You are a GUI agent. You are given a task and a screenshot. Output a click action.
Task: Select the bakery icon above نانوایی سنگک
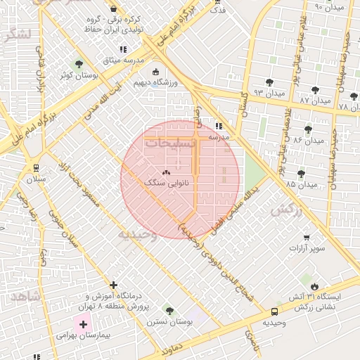pyautogui.click(x=166, y=172)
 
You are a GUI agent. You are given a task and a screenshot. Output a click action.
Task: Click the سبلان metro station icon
pyautogui.click(x=36, y=167)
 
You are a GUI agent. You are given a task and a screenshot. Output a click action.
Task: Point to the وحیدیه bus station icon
pyautogui.click(x=274, y=311)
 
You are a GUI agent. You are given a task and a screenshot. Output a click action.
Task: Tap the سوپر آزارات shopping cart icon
pyautogui.click(x=306, y=238)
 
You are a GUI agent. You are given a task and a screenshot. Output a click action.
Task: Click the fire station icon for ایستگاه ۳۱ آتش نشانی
pyautogui.click(x=314, y=286)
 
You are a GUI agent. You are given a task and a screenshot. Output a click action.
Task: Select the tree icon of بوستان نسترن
pyautogui.click(x=168, y=310)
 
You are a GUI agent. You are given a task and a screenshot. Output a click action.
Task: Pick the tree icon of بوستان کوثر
pyautogui.click(x=78, y=64)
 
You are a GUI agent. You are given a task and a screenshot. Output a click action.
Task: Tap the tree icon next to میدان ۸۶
pyautogui.click(x=308, y=129)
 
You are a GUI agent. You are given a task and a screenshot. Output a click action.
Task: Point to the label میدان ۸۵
pyautogui.click(x=302, y=184)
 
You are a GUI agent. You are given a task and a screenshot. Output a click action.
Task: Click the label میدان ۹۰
pyautogui.click(x=329, y=6)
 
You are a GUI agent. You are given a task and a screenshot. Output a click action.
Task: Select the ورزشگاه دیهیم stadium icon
pyautogui.click(x=155, y=72)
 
